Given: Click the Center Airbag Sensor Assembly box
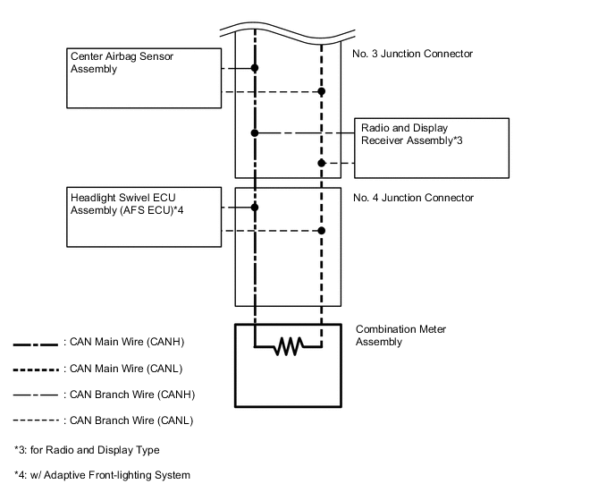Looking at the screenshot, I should (144, 77).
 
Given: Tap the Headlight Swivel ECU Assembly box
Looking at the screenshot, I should (144, 217).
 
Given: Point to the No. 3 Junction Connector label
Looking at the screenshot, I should (413, 55).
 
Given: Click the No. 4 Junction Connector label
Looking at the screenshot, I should (413, 198).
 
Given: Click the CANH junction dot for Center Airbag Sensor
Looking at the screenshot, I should (255, 68).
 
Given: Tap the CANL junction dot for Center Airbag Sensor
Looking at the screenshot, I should (321, 91).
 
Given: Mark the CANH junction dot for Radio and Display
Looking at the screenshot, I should (255, 132).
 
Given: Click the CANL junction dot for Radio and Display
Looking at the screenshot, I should (321, 163).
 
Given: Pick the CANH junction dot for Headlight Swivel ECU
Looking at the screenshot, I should (255, 207).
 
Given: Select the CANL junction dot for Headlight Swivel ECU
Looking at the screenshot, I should (321, 231).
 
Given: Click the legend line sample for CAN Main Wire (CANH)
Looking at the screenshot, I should (36, 343).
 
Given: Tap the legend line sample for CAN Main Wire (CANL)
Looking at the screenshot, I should (36, 369).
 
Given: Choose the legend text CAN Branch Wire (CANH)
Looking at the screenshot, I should (131, 395).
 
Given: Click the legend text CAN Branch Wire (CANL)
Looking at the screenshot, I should (130, 420).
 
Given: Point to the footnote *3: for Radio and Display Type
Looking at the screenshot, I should (87, 450).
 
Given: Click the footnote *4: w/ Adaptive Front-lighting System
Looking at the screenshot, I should (102, 475).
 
